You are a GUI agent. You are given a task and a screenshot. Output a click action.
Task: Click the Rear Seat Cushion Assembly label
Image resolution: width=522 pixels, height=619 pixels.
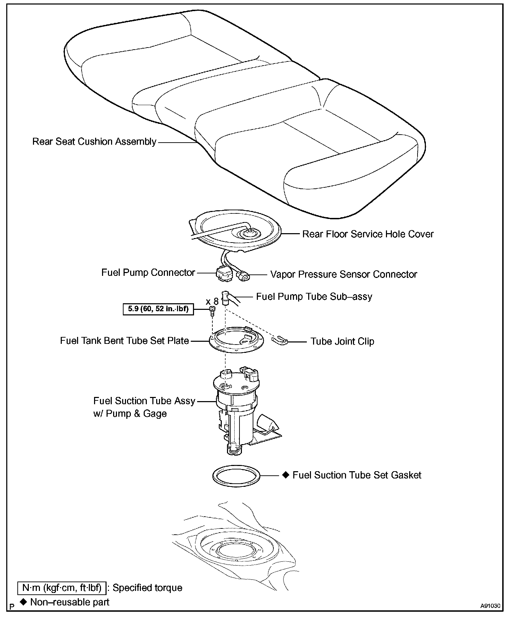94,142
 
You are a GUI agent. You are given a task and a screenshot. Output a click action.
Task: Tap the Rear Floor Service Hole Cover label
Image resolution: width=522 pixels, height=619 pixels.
368,234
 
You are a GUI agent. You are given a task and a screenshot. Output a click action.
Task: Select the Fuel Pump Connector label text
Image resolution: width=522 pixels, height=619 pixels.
148,273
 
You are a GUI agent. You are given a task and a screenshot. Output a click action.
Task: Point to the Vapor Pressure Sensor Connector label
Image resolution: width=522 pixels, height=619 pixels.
344,274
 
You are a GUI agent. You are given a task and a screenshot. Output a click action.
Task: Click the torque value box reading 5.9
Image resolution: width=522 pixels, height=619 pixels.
158,309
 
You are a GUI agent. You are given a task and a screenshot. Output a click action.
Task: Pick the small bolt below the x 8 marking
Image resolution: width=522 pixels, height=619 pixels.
212,311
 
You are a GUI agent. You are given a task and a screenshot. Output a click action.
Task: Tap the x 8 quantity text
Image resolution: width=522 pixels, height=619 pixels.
212,301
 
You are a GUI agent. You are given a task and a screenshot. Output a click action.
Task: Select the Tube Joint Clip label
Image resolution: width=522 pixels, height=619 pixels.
342,341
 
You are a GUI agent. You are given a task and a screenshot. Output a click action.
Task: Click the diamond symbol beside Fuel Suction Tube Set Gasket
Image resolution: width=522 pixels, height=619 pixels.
286,475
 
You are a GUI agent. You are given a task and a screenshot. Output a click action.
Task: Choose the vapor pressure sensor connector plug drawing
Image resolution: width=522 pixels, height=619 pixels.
242,276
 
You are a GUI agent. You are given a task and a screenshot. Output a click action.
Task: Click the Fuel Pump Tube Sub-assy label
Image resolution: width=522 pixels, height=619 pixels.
314,297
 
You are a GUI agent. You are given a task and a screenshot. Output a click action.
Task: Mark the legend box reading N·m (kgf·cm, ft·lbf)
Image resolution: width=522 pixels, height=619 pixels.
61,588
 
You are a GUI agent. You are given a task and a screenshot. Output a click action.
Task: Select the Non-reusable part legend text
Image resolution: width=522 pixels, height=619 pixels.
69,602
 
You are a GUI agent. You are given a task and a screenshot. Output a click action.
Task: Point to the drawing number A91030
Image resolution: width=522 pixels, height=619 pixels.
490,606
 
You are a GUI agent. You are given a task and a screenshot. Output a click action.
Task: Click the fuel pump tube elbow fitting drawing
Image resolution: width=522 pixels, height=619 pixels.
227,298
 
